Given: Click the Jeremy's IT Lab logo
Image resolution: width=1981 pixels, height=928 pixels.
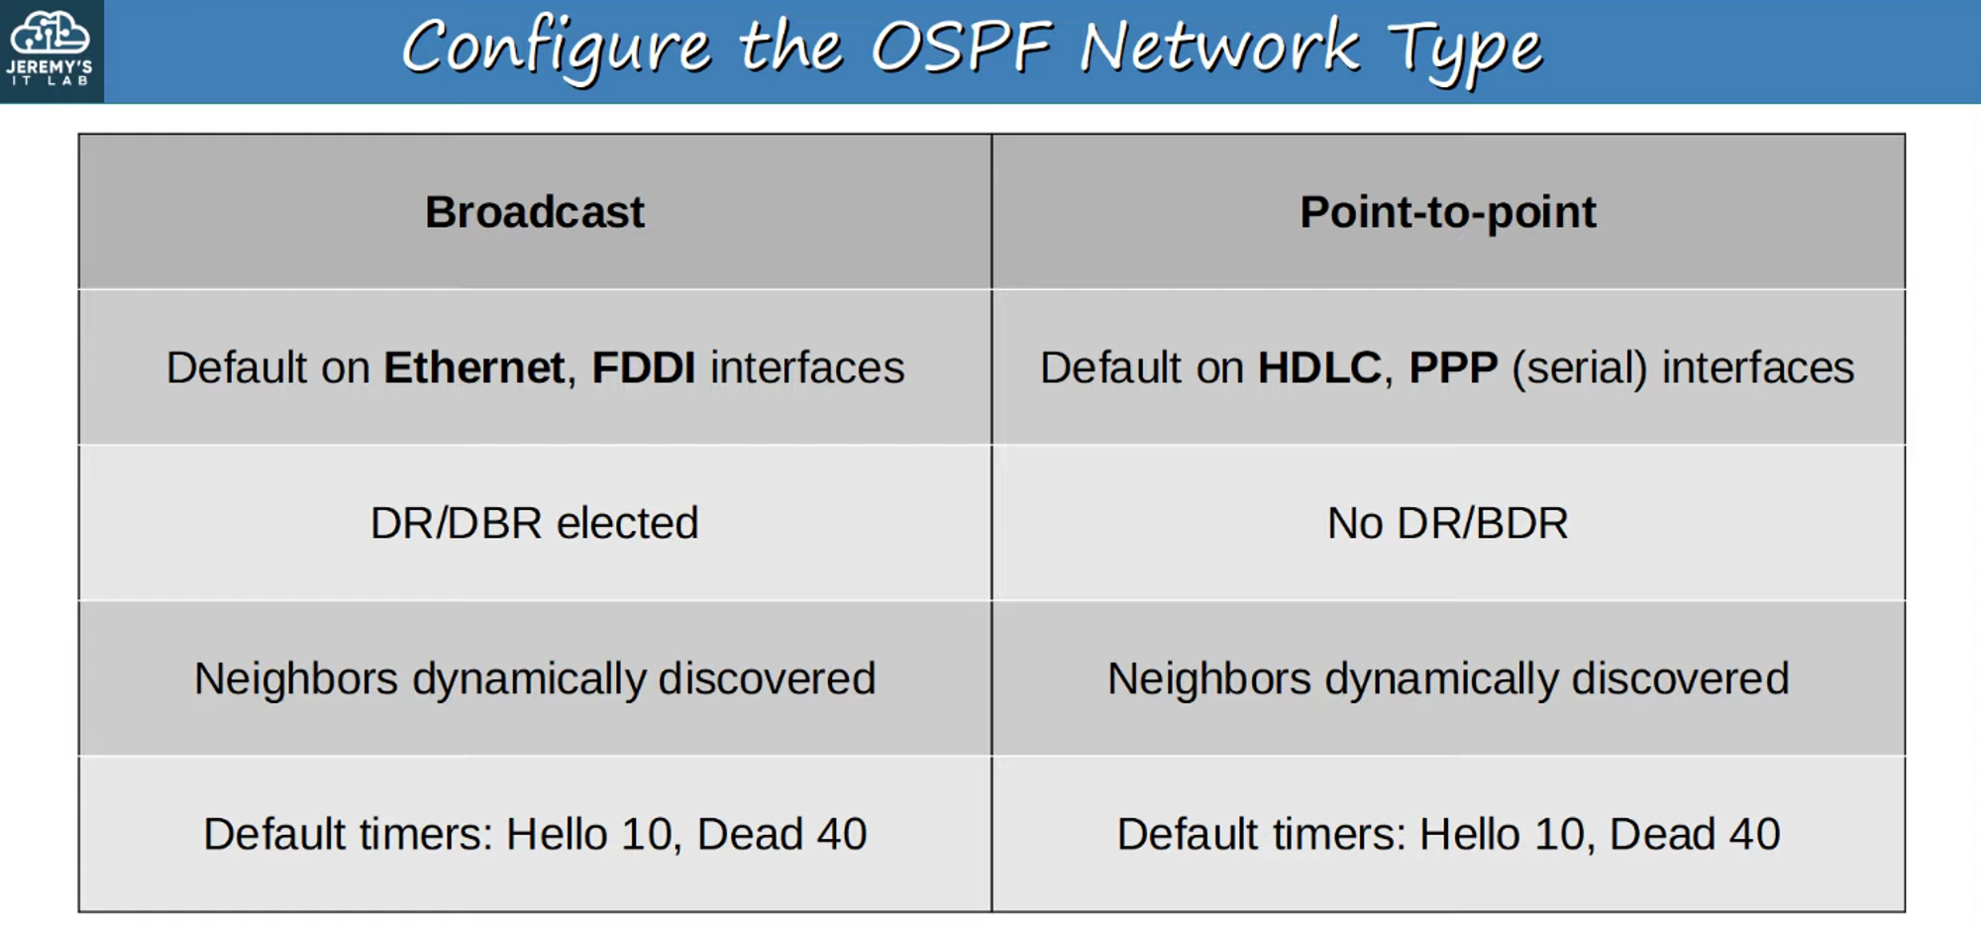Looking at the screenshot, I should click(x=51, y=50).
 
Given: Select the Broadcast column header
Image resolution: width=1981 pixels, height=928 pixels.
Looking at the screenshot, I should click(x=535, y=212).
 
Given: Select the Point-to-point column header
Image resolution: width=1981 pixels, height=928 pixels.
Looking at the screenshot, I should click(x=1447, y=212).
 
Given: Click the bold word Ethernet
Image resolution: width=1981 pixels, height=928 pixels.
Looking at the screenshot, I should click(x=473, y=367).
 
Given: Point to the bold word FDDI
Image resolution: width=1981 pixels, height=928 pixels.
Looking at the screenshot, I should click(x=643, y=367).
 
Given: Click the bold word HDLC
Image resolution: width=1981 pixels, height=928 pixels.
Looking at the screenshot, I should click(x=1318, y=367).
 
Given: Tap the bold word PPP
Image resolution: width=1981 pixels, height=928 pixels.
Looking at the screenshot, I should click(x=1453, y=367).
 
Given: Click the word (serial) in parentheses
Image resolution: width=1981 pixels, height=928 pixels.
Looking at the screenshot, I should click(x=1579, y=368).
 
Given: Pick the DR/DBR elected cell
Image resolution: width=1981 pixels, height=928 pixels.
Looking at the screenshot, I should click(x=535, y=523).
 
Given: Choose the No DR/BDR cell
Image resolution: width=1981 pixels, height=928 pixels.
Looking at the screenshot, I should click(x=1447, y=523).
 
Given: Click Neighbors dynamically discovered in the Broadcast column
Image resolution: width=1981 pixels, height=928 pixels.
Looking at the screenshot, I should click(x=535, y=679).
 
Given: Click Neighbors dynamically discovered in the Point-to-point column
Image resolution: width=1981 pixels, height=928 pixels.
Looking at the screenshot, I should click(x=1447, y=679).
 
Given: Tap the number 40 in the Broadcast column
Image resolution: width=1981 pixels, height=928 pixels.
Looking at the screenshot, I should click(x=841, y=834).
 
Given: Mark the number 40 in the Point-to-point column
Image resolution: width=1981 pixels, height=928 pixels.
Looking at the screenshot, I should click(x=1754, y=834).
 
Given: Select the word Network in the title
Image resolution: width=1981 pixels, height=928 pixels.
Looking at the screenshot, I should click(x=1218, y=48).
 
